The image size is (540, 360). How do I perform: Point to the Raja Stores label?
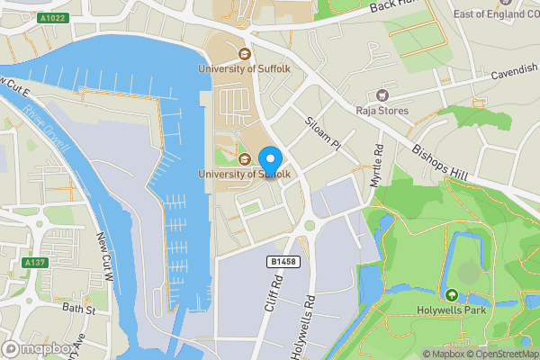pyautogui.click(x=383, y=111)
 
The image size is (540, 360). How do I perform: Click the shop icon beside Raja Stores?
pyautogui.click(x=382, y=94)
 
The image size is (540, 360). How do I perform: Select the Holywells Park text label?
pyautogui.click(x=451, y=312)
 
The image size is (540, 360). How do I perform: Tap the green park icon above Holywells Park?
pyautogui.click(x=451, y=295)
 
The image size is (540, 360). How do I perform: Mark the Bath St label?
pyautogui.click(x=79, y=309)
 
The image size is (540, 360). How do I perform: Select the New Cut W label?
pyautogui.click(x=104, y=256)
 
